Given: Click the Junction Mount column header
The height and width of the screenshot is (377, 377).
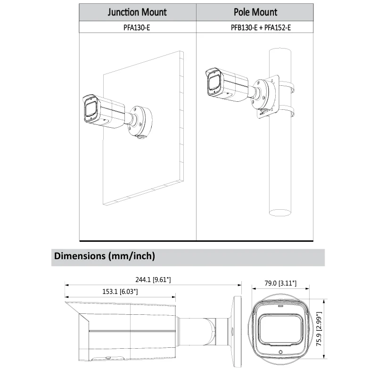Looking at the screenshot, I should (137, 12).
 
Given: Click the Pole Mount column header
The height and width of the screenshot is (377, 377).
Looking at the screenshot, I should (255, 12).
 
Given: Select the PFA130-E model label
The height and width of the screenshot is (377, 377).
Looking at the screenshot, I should (137, 27).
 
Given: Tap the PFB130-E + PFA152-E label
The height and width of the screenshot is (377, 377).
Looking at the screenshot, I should (255, 27).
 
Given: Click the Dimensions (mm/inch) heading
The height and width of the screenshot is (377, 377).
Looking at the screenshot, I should (105, 257).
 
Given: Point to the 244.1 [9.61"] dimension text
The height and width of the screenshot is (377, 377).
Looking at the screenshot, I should (153, 280).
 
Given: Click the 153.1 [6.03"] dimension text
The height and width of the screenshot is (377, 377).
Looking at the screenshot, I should (120, 292).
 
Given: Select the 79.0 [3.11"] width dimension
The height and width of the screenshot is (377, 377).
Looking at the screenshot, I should (280, 283).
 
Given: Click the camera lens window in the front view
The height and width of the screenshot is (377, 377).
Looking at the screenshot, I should (280, 329).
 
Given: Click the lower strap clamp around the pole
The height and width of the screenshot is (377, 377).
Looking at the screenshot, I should (288, 112).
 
